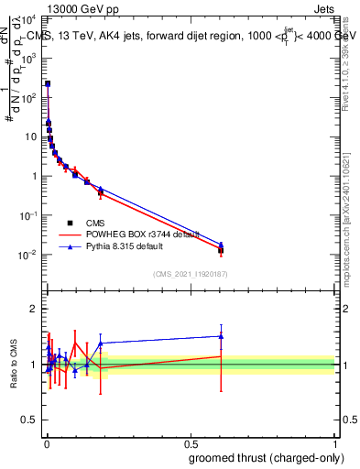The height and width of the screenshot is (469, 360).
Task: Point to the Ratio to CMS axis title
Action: click(x=13, y=364)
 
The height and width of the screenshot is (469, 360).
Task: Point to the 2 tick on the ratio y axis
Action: click(x=34, y=309)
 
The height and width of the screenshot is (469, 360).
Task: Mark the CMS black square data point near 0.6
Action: click(x=221, y=249)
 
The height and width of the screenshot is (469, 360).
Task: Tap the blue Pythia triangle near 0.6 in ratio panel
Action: click(x=221, y=335)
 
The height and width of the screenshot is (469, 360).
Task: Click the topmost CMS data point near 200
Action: click(x=48, y=83)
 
